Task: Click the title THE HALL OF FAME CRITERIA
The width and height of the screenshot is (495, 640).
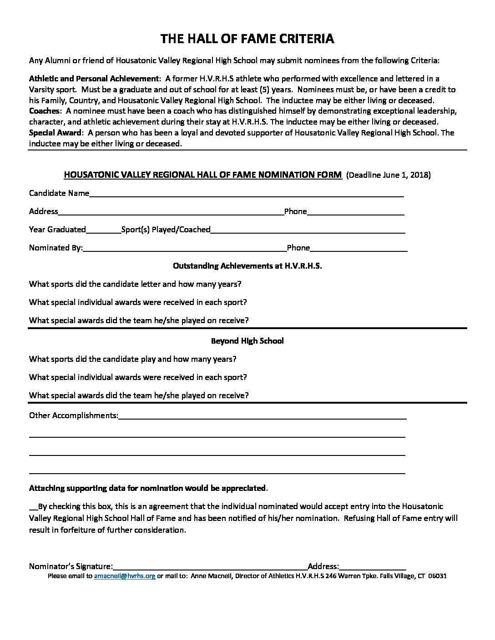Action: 247,39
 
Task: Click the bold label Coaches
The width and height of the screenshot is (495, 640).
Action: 44,111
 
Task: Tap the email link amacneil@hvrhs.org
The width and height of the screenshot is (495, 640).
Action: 125,576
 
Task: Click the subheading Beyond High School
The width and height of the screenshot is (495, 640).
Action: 247,341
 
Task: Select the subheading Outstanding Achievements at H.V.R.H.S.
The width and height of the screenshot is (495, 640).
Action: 247,266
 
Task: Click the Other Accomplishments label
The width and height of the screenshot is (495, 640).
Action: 73,415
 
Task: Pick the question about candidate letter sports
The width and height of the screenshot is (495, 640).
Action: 135,284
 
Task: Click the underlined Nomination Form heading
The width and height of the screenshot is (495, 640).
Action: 202,175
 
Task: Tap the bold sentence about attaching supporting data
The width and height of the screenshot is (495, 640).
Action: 147,488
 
